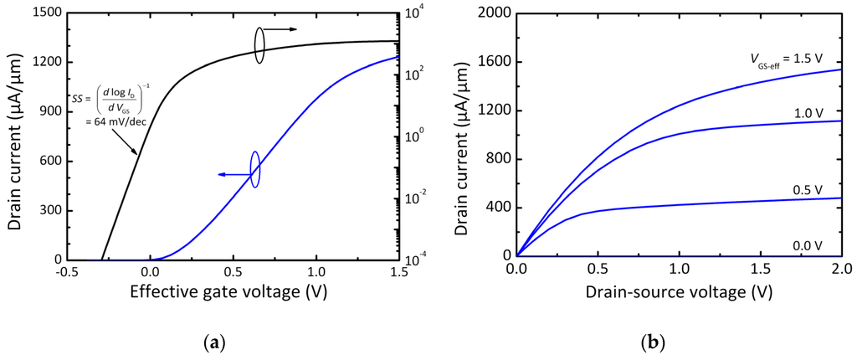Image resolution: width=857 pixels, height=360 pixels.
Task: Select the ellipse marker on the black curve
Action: point(259,44)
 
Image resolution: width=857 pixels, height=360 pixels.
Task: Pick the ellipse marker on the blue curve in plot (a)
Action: point(254,169)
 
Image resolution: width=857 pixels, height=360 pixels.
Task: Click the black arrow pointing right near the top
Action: point(282,29)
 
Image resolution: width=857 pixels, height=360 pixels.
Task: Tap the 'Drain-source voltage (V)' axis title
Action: point(679,294)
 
